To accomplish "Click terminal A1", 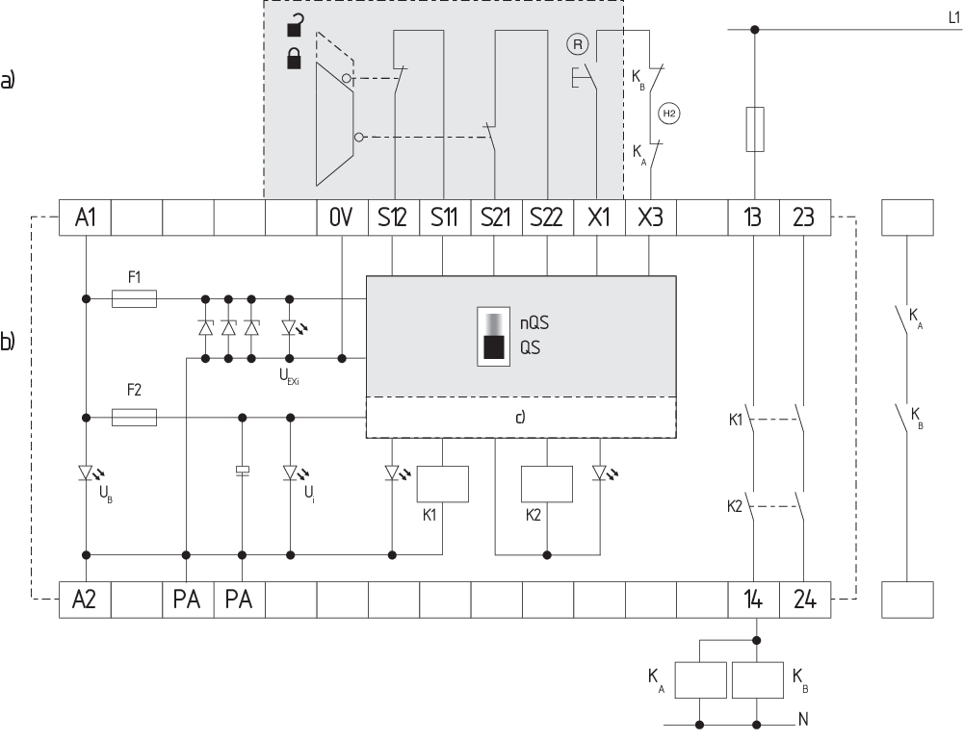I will coord(86,218).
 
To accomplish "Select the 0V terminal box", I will coord(342,218).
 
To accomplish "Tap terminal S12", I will coord(393,218).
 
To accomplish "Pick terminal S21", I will coord(495,218).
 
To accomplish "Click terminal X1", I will coord(598,218).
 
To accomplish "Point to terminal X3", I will coord(650,218).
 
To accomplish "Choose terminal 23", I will coord(804,218).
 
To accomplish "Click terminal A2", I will coord(86,600).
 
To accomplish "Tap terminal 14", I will coord(753,600).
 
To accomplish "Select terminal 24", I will coord(804,600).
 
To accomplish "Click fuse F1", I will coord(135,299).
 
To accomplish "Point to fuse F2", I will coord(135,417).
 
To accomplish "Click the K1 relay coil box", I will coord(442,484).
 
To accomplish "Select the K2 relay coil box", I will coord(546,484).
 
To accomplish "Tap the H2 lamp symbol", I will coord(668,114).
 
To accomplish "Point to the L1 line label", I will coord(952,16).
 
